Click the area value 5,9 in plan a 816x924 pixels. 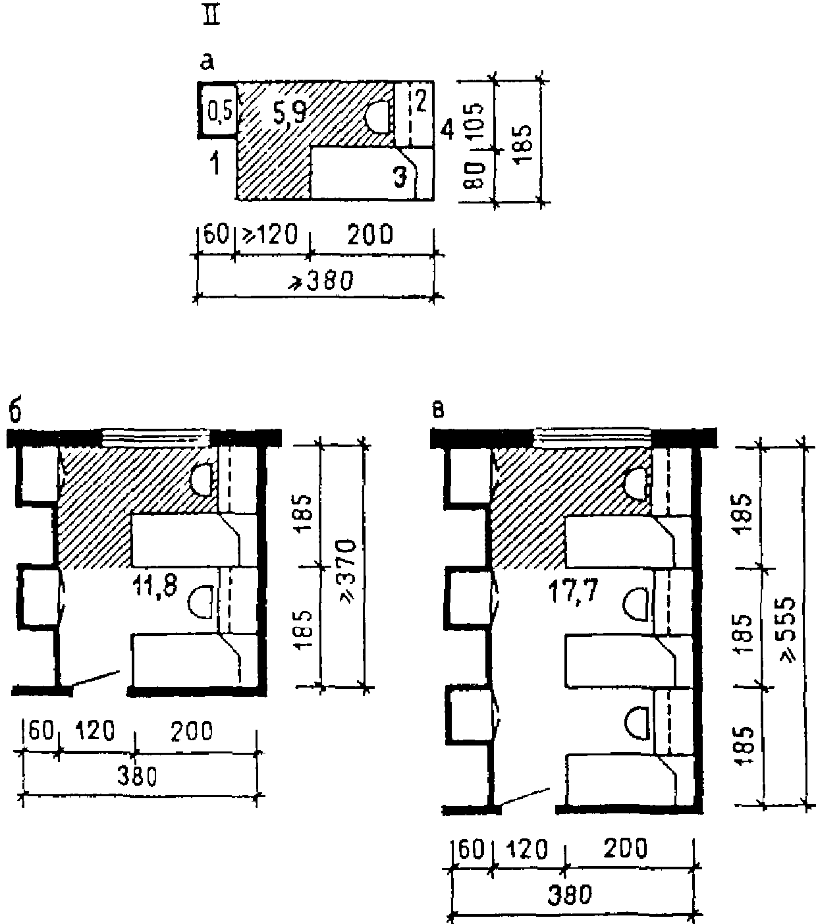(290, 113)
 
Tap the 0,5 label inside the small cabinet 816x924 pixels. (219, 112)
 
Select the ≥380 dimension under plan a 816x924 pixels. (321, 281)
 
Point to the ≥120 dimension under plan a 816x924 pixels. (269, 234)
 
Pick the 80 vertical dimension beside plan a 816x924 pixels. (475, 176)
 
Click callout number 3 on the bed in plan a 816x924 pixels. (400, 177)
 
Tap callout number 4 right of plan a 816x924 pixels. (447, 130)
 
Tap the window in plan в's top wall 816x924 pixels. (591, 437)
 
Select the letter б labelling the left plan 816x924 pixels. (15, 413)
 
